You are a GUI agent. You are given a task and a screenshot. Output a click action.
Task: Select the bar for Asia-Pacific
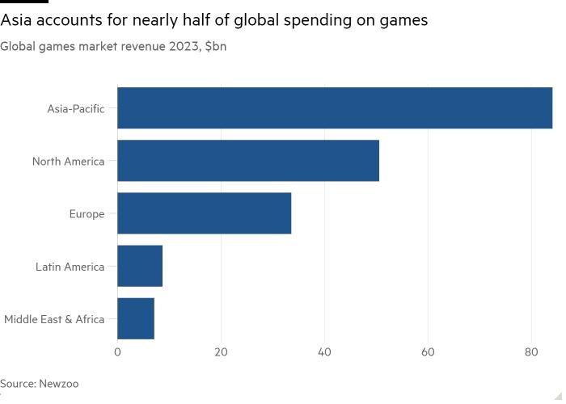coord(335,108)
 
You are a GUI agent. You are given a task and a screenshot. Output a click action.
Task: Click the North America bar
coord(248,161)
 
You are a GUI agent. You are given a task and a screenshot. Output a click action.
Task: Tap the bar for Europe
coord(204,213)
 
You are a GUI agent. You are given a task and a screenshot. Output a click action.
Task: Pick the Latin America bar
coord(140,266)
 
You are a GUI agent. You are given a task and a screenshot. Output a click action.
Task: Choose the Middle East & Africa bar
coord(136,318)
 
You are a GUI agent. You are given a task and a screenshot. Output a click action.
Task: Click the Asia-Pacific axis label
coord(76,108)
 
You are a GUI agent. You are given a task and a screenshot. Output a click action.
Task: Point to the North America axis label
coord(69,162)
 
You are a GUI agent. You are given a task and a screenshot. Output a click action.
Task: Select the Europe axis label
coord(87,214)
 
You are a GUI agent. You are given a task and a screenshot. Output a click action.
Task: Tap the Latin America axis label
coord(70,267)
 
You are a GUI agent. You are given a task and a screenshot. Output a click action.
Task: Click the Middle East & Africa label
coord(54,319)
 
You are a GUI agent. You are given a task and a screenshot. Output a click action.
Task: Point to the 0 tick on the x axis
coord(117,352)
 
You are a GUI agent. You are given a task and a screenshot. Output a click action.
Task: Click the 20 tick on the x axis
coord(221,352)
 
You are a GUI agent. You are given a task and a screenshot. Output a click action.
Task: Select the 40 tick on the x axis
coord(324,352)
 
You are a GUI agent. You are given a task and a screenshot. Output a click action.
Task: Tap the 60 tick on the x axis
coord(428,352)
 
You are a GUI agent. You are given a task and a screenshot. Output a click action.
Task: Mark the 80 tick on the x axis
coord(531,352)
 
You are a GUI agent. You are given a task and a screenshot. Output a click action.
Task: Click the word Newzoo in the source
coord(59,383)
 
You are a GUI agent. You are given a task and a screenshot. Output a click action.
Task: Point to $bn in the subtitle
coord(216,46)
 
